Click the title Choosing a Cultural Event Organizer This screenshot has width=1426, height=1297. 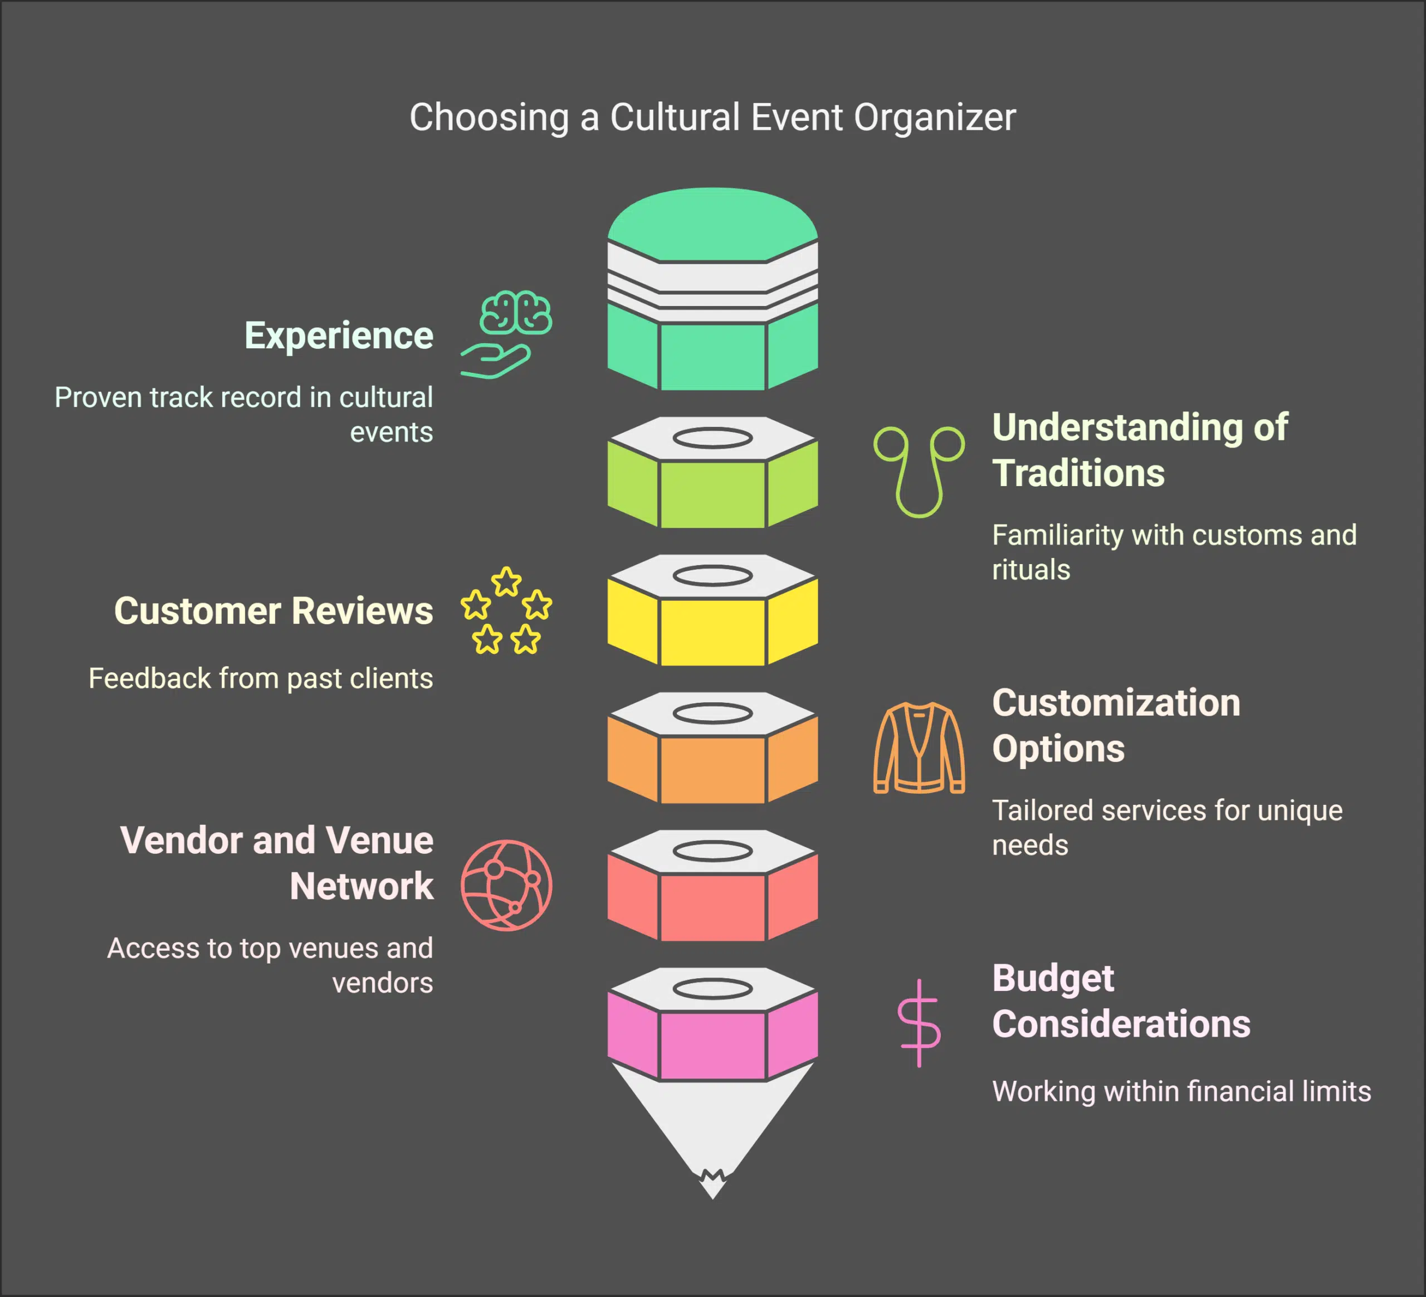pyautogui.click(x=712, y=118)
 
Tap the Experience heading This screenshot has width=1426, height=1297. pyautogui.click(x=338, y=336)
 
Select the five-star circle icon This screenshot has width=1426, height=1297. pyautogui.click(x=506, y=610)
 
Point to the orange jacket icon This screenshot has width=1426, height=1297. pyautogui.click(x=919, y=747)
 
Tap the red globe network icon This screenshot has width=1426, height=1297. pyautogui.click(x=506, y=885)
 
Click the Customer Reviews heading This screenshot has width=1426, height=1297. pyautogui.click(x=273, y=611)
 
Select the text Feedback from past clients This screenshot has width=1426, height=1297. pyautogui.click(x=260, y=678)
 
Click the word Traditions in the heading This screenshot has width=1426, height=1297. pyautogui.click(x=1078, y=473)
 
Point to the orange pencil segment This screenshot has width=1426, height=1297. pyautogui.click(x=712, y=769)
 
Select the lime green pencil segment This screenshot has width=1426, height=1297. pyautogui.click(x=712, y=493)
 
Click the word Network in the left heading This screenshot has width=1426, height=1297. pyautogui.click(x=362, y=886)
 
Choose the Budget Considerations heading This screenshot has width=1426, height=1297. pyautogui.click(x=1120, y=1000)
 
